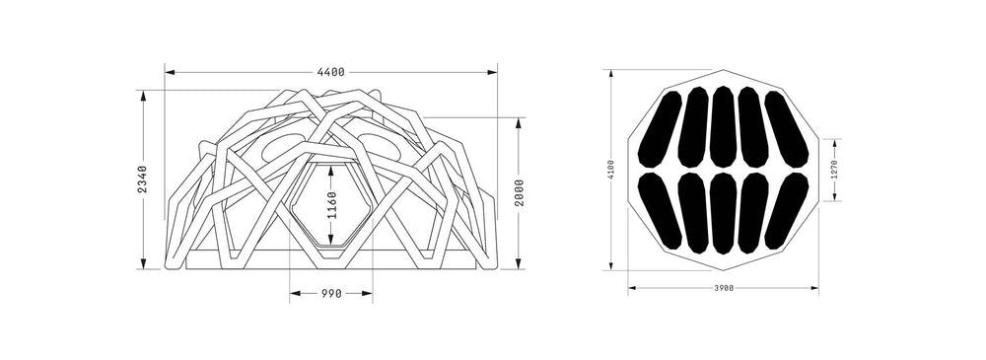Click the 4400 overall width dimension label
click(x=330, y=72)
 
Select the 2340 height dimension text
click(x=142, y=180)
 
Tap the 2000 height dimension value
click(x=519, y=193)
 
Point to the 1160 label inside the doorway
click(x=331, y=205)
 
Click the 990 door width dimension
click(x=331, y=293)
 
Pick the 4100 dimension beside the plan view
click(x=611, y=170)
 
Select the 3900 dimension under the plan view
click(x=724, y=288)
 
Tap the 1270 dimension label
click(x=834, y=170)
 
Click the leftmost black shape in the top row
click(x=660, y=129)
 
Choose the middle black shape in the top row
click(x=723, y=126)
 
